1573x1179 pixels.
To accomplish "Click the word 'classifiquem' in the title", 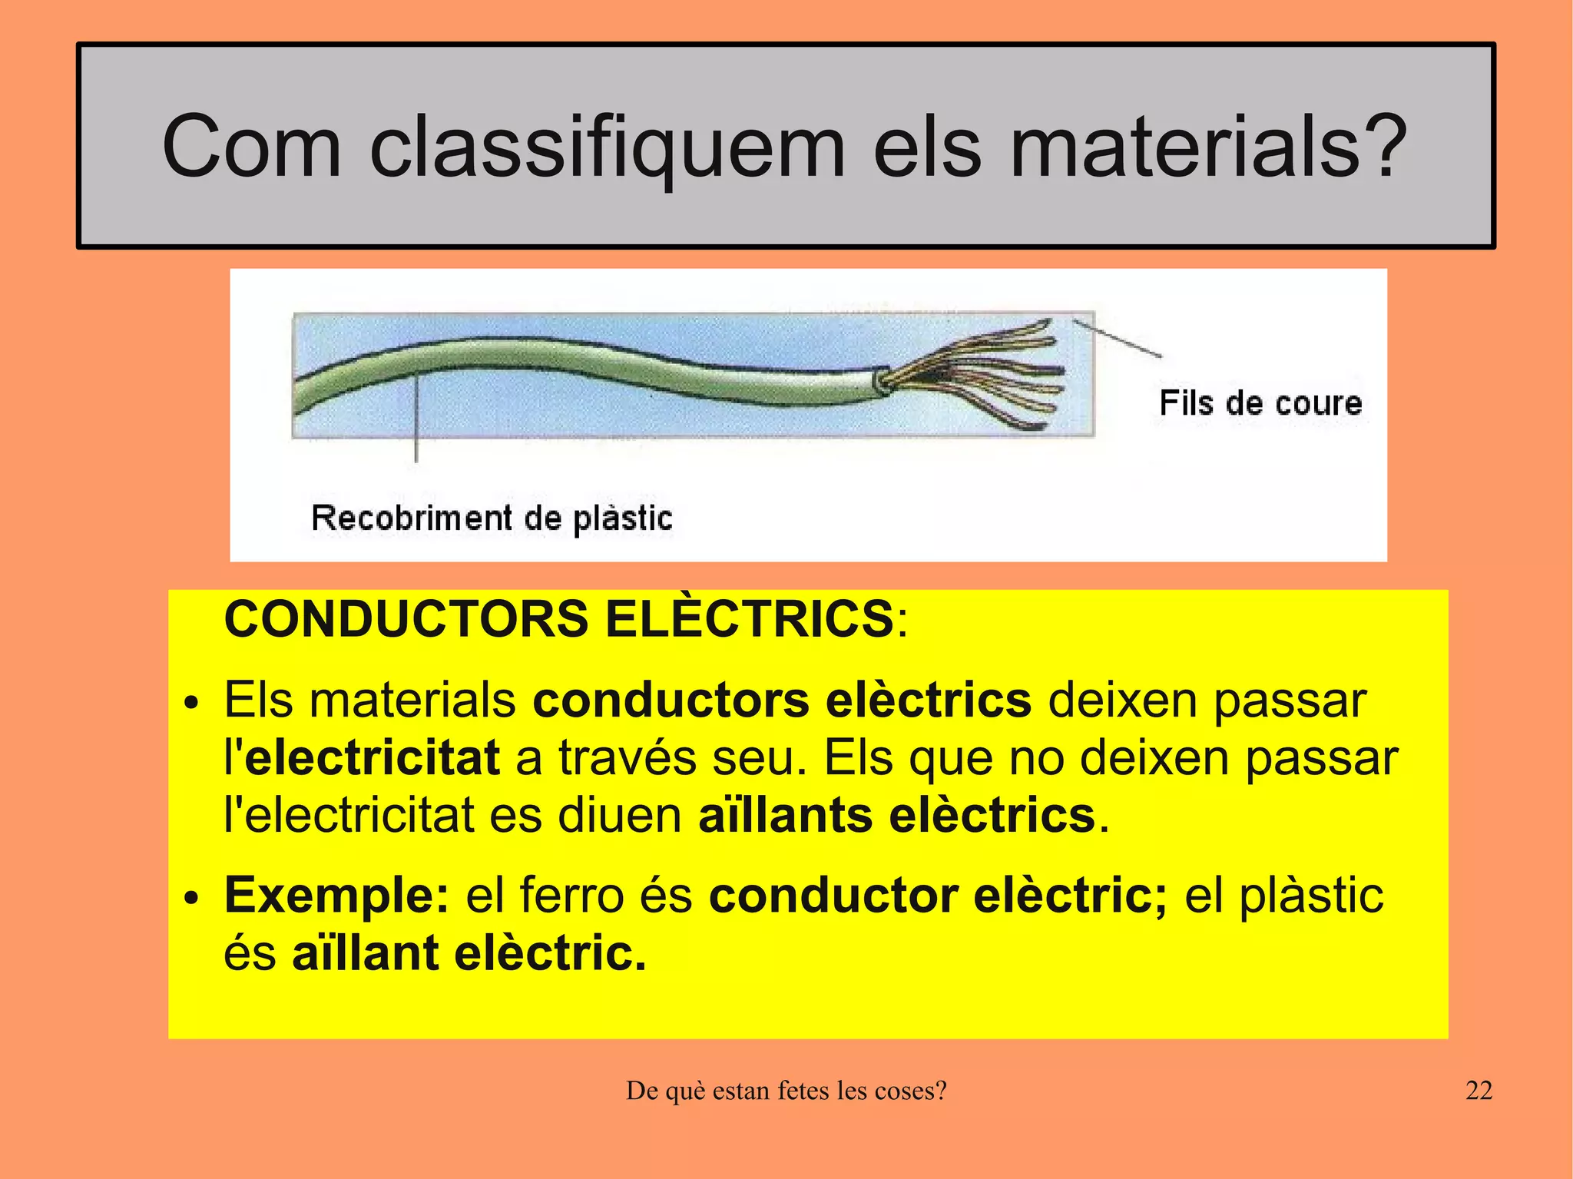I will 607,146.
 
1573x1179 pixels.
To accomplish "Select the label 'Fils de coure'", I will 1260,403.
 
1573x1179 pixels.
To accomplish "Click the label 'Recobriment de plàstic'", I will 492,518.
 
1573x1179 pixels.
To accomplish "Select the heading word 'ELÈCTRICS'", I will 749,619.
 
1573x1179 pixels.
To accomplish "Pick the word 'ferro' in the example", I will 571,896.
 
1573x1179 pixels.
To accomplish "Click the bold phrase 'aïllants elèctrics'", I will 896,815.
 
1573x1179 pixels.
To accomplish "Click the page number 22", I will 1479,1091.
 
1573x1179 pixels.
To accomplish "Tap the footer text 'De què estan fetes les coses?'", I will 786,1091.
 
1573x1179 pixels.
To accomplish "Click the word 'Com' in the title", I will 251,146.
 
